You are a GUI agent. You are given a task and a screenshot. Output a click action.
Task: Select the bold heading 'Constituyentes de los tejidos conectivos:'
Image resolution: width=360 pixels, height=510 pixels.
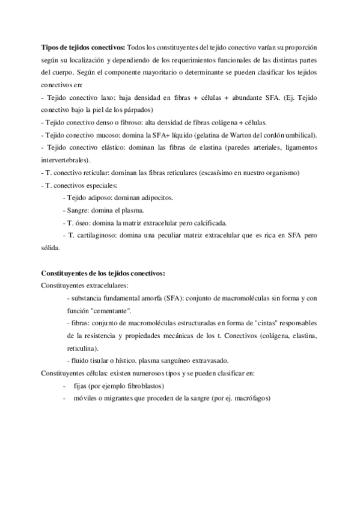pos(102,272)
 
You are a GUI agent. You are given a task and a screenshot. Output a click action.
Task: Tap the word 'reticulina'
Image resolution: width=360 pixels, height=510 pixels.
pos(84,348)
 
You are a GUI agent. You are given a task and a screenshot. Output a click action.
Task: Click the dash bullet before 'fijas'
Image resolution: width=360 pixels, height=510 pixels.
pos(64,386)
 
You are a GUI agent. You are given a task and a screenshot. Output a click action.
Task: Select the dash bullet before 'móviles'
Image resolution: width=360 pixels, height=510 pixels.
pos(64,398)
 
